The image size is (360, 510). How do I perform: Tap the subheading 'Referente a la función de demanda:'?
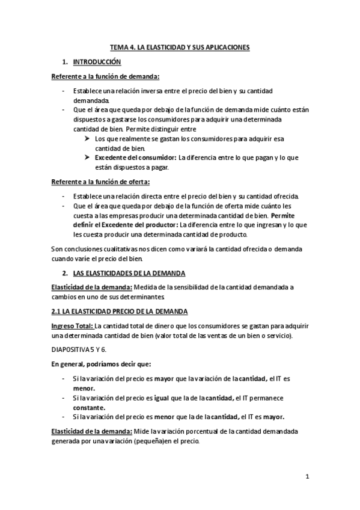click(x=105, y=76)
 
